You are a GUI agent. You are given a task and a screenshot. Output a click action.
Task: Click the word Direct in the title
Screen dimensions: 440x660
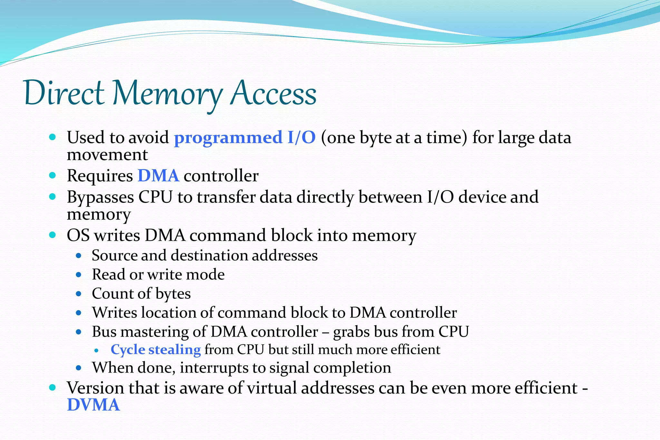[64, 93]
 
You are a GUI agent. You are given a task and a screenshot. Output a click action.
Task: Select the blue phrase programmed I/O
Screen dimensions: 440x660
[245, 138]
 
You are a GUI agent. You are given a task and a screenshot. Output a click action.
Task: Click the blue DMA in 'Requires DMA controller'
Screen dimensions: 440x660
[158, 176]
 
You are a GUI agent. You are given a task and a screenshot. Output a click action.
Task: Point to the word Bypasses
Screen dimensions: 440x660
[100, 197]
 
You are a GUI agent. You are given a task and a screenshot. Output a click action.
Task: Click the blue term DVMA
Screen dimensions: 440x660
[93, 405]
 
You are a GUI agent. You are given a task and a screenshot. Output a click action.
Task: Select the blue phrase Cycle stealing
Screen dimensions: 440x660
[156, 350]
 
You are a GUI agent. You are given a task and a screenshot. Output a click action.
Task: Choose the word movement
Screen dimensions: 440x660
[107, 155]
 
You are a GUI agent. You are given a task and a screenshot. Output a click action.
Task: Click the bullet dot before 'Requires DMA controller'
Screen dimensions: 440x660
[53, 176]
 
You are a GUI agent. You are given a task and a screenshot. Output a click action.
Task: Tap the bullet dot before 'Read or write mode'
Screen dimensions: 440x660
[79, 275]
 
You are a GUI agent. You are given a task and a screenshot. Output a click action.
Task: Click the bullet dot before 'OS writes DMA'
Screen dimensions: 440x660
[53, 235]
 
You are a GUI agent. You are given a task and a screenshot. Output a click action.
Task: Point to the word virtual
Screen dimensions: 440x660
[272, 388]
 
